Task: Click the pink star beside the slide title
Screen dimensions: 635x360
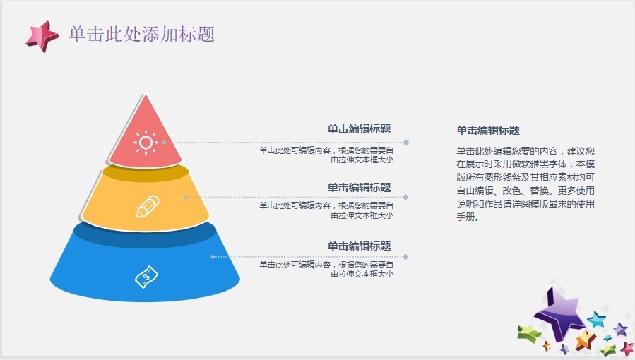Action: pos(42,37)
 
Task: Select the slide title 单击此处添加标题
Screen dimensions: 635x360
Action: pos(142,34)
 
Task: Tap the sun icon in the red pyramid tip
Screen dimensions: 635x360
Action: pos(146,143)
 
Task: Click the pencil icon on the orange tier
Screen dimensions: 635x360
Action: pos(148,207)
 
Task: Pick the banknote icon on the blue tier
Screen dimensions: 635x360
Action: pos(146,277)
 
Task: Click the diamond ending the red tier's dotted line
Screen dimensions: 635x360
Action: pos(405,143)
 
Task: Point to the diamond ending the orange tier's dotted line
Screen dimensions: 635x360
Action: pos(405,198)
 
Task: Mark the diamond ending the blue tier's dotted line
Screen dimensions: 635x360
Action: pos(405,257)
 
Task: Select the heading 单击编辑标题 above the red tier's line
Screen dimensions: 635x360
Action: pos(360,129)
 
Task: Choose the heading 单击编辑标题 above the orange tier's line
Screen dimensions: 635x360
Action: pos(360,188)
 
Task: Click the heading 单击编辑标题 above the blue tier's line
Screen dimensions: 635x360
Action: pos(360,246)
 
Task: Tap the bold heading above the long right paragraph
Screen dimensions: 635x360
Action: pos(488,131)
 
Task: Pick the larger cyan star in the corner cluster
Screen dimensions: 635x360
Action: pos(597,320)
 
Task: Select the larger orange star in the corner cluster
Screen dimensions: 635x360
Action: pos(586,340)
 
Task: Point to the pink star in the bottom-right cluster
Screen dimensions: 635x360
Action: pos(627,349)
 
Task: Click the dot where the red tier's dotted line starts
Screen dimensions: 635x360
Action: pos(164,143)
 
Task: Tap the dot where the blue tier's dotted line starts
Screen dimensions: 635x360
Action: pos(213,257)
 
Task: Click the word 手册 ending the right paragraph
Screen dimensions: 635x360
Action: pos(465,217)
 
